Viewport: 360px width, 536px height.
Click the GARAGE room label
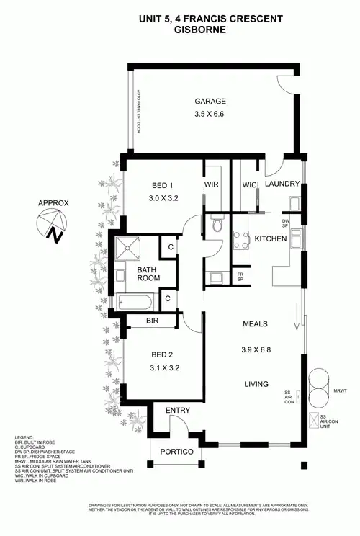pyautogui.click(x=210, y=102)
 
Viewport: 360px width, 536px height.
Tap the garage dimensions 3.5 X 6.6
pyautogui.click(x=210, y=115)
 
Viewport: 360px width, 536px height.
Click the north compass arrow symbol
pyautogui.click(x=51, y=225)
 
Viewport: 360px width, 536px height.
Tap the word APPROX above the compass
pyautogui.click(x=53, y=203)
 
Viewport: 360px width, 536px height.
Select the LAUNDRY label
pyautogui.click(x=282, y=184)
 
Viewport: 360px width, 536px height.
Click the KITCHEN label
pyautogui.click(x=272, y=238)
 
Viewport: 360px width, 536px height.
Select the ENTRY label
pyautogui.click(x=177, y=410)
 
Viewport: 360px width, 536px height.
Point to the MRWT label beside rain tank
pyautogui.click(x=341, y=391)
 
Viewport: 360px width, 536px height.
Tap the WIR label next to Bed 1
pyautogui.click(x=211, y=184)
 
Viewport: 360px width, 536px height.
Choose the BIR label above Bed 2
pyautogui.click(x=152, y=320)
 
